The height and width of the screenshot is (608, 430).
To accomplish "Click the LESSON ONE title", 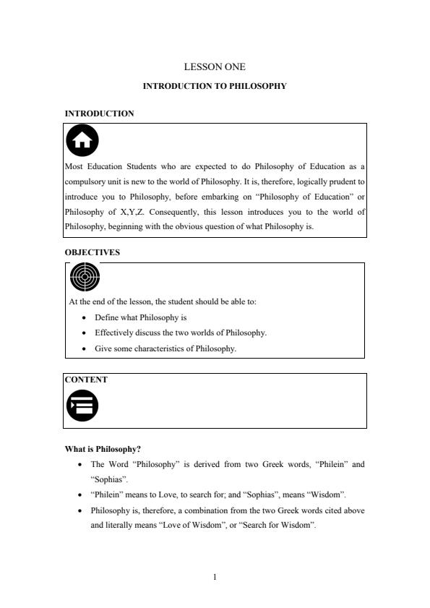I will pos(215,67).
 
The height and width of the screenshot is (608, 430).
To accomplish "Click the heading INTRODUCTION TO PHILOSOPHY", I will pos(215,86).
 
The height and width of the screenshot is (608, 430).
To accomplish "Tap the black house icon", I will pos(82,140).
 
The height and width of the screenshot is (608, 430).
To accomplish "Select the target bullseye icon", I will pos(85,276).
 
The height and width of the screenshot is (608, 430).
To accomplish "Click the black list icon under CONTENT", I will pos(82,406).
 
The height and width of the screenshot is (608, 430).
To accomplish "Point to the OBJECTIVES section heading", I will pos(93,252).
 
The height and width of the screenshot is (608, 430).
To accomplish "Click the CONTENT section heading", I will pos(86,380).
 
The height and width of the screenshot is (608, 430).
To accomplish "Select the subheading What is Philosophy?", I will pos(103,449).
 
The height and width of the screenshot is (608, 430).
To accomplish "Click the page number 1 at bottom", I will pos(215,577).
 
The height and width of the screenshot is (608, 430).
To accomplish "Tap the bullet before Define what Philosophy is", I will pos(85,317).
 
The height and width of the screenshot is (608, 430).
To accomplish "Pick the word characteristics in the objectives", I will pos(157,348).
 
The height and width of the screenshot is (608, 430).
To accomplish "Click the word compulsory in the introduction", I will pos(85,181).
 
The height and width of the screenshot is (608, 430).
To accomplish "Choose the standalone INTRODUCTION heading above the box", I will pos(99,114).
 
